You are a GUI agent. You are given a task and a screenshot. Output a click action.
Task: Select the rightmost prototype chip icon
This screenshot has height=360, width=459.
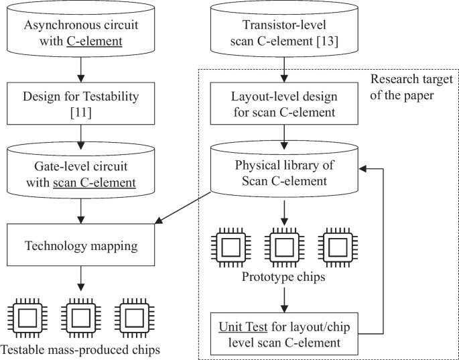342,247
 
